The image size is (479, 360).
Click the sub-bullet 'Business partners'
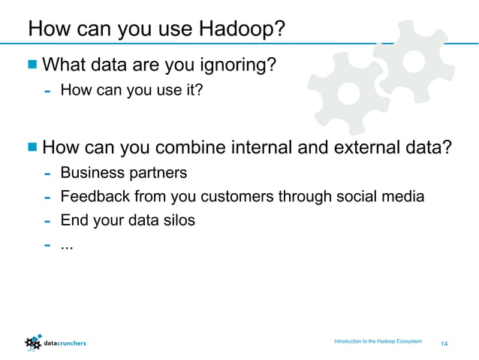tap(123, 173)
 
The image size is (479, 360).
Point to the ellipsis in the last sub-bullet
tap(67, 247)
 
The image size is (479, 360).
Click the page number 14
tap(444, 343)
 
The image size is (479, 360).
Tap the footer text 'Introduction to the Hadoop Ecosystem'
tap(378, 342)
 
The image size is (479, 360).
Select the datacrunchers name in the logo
tap(66, 343)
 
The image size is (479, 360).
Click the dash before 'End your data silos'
tap(47, 222)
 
